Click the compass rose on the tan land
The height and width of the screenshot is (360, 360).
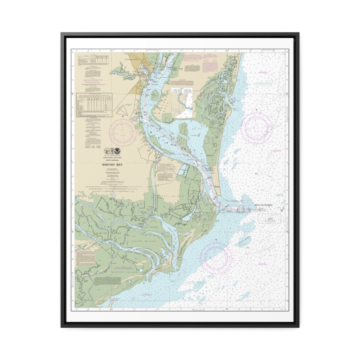[x=122, y=133]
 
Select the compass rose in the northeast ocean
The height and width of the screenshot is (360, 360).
[x=257, y=127]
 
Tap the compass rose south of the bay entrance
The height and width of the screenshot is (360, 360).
[x=216, y=256]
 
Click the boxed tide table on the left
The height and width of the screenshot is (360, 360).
[x=94, y=105]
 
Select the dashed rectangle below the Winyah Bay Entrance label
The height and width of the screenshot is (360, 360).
[x=269, y=218]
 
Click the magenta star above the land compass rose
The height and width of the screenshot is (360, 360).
[x=122, y=116]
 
